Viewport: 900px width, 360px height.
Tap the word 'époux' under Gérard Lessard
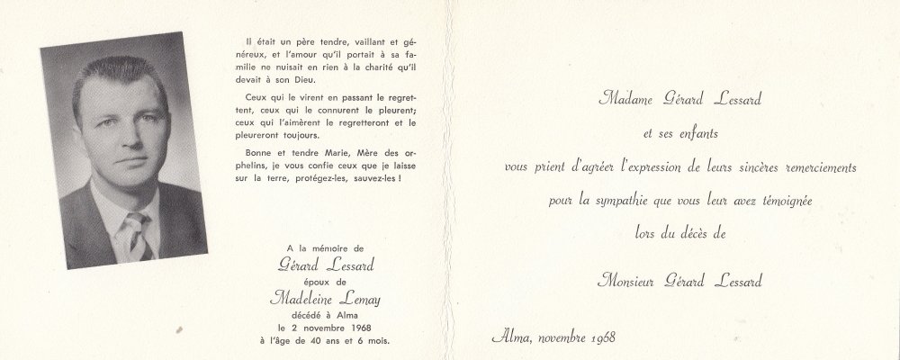(x=320, y=281)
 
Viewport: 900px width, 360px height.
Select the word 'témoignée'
(x=781, y=200)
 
